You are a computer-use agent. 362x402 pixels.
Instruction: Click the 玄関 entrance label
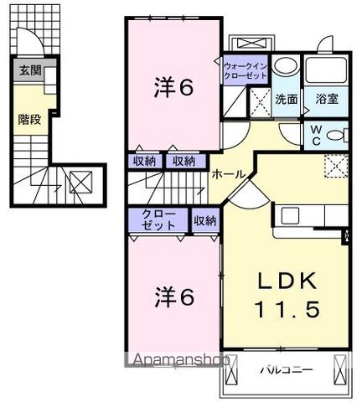coord(30,70)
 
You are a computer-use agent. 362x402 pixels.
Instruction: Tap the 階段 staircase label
coord(29,120)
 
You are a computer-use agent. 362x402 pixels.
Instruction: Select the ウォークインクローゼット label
coord(246,71)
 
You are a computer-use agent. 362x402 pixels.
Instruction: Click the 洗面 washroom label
coord(287,99)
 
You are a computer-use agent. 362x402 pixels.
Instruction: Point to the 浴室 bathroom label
coord(327,99)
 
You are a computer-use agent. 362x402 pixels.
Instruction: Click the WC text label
coord(316,136)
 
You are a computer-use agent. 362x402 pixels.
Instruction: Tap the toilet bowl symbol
coord(337,136)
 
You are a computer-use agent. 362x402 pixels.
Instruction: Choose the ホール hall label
coord(229,175)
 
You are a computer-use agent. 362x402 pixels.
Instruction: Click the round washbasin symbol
coord(286,66)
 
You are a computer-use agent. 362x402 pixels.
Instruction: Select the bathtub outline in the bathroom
coord(326,70)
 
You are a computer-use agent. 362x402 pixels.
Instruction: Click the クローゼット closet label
coord(158,219)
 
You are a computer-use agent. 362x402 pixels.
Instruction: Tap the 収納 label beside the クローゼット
coord(205,221)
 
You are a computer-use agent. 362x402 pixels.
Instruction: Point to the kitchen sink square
coord(290,216)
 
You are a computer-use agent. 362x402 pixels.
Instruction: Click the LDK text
coord(287,281)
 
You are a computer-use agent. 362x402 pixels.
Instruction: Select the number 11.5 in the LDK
coord(287,309)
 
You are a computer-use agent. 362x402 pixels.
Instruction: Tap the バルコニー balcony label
coord(287,370)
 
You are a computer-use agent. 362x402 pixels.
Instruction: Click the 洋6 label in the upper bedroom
coord(173,87)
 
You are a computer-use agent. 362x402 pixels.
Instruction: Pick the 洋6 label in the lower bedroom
coord(174,296)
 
